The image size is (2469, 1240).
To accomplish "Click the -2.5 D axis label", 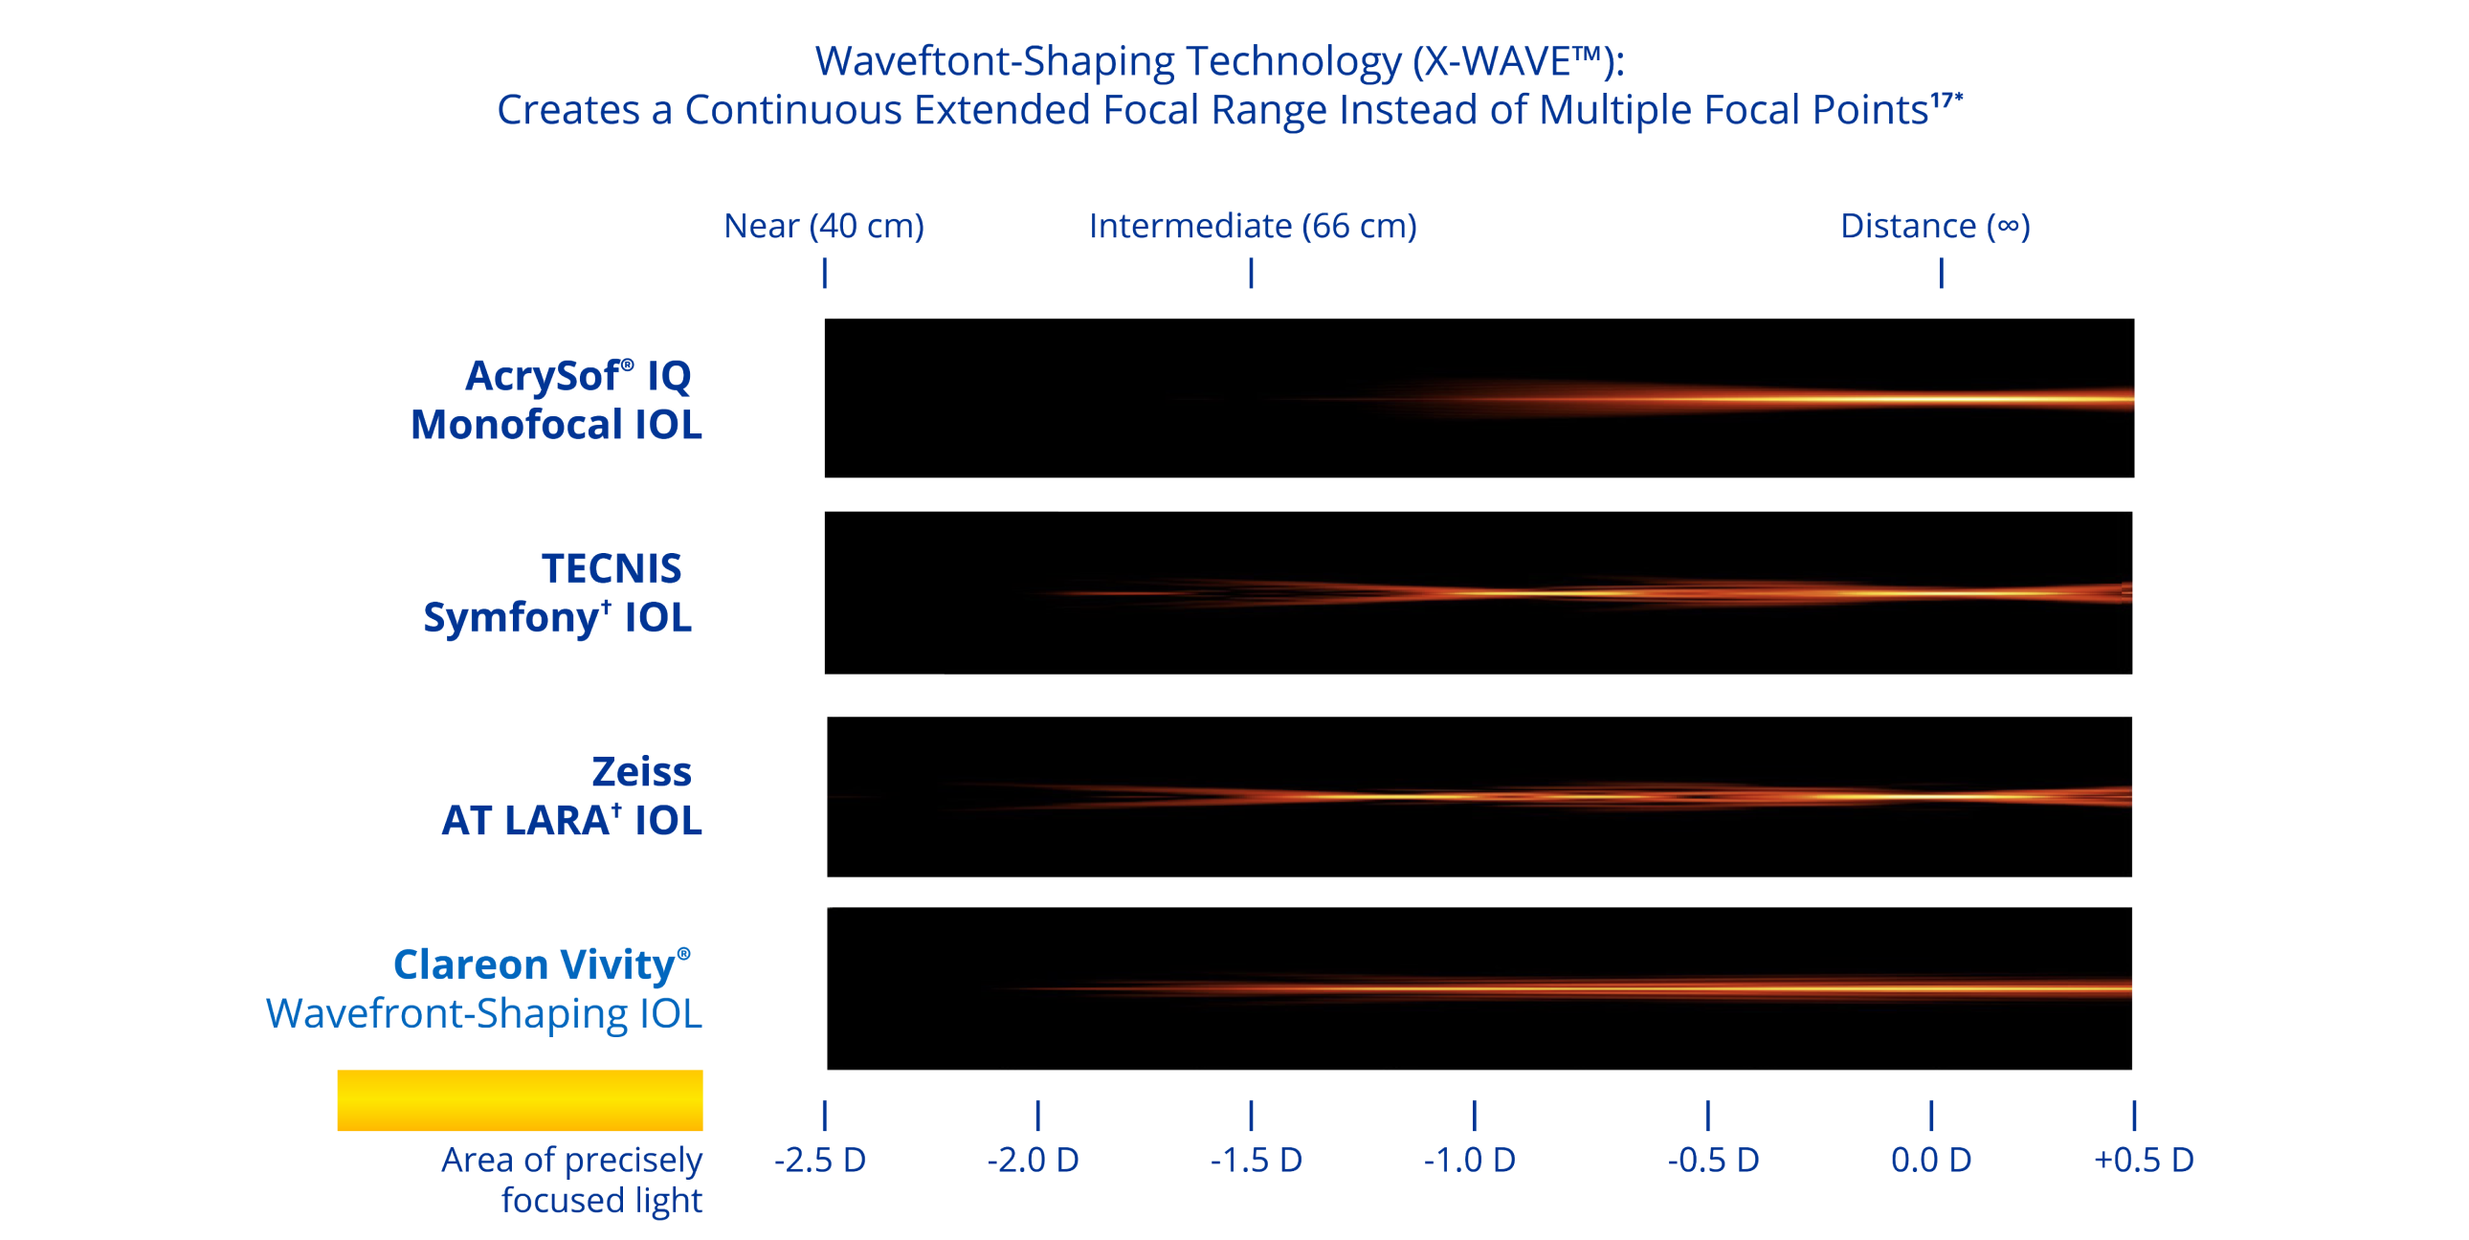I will click(819, 1160).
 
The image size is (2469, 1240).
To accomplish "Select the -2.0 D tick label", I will click(1034, 1160).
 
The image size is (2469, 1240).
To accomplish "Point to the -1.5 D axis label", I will click(1256, 1160).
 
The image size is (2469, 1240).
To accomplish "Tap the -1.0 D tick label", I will click(1469, 1160).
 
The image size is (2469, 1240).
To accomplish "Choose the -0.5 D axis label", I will click(1713, 1160).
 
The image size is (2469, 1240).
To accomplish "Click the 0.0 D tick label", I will click(1930, 1160).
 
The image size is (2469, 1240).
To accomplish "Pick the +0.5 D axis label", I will click(2144, 1160).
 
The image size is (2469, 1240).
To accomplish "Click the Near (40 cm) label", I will click(824, 226).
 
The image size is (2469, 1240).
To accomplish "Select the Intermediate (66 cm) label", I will click(1253, 226).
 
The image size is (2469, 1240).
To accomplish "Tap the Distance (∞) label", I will click(1934, 226).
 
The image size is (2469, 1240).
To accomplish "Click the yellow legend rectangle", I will click(520, 1100).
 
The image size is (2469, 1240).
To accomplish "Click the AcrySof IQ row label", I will click(578, 375).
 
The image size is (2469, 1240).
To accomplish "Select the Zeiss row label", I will click(641, 771).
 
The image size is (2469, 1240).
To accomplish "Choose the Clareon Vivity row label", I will click(542, 965).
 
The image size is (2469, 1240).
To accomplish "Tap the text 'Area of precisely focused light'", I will click(572, 1180).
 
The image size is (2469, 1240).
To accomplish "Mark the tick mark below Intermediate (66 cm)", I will click(1251, 274).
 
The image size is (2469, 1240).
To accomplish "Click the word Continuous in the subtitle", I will click(792, 110).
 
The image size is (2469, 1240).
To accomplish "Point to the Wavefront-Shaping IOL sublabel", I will click(485, 1015).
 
